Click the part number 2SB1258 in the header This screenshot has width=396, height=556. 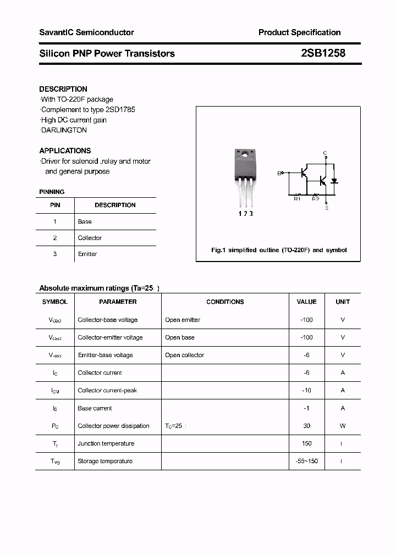[x=323, y=53]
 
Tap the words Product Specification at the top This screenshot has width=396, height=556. [x=299, y=32]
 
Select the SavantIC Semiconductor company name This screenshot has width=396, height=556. [x=86, y=32]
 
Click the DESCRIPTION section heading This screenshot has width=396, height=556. [x=63, y=89]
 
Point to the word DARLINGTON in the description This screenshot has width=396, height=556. [x=64, y=130]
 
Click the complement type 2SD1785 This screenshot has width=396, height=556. [x=118, y=109]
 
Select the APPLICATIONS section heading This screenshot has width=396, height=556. [x=65, y=151]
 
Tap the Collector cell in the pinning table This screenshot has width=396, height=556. [x=90, y=238]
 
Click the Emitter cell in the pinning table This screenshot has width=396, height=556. [x=87, y=254]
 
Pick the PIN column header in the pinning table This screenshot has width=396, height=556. [x=55, y=205]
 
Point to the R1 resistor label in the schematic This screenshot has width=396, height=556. [x=297, y=199]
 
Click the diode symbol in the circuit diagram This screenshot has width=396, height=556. [x=334, y=180]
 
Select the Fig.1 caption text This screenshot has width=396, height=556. [x=279, y=250]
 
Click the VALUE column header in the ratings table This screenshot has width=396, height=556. [x=306, y=302]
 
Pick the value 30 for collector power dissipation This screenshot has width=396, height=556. [x=306, y=426]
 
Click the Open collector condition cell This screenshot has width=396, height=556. [x=184, y=355]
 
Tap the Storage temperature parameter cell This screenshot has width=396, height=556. [x=105, y=461]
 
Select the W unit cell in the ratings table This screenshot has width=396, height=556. [x=343, y=426]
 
